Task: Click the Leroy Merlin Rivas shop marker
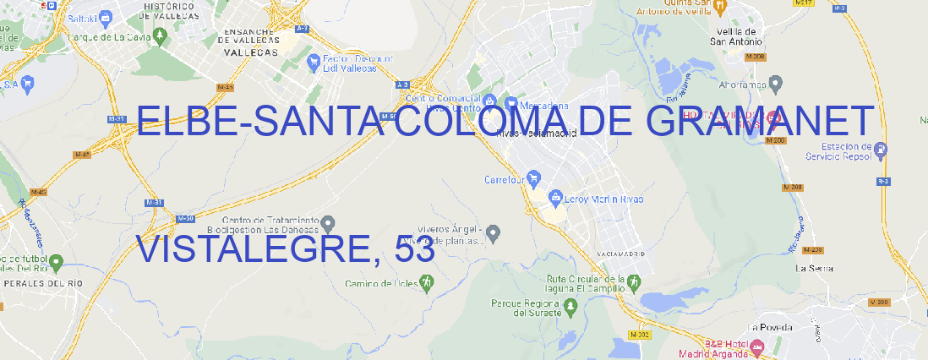click(555, 199)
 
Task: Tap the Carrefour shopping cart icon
click(535, 178)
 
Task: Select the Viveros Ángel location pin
click(495, 232)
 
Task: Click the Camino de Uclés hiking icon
click(426, 283)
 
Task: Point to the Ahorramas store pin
click(776, 83)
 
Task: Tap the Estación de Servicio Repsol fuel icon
click(881, 151)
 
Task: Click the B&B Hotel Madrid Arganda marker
click(757, 346)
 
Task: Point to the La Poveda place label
click(770, 327)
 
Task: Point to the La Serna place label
click(815, 268)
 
